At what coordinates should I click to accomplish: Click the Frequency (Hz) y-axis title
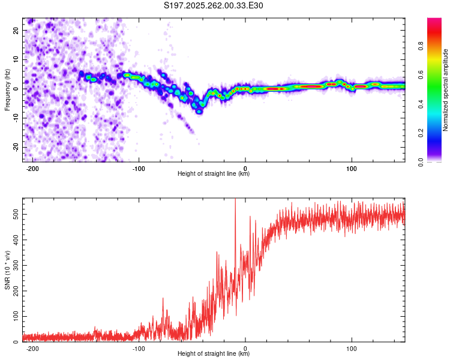[x=7, y=90]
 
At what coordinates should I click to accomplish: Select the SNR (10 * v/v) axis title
[x=7, y=270]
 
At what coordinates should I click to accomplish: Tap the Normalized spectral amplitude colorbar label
[x=445, y=90]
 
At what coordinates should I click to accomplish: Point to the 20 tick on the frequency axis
[x=16, y=30]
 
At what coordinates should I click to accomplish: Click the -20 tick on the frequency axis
[x=15, y=148]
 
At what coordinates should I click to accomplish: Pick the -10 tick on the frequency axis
[x=15, y=118]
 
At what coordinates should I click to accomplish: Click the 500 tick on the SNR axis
[x=14, y=214]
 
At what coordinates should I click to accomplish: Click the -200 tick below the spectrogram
[x=32, y=169]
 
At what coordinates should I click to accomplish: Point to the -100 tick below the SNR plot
[x=139, y=349]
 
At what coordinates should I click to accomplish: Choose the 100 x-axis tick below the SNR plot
[x=352, y=349]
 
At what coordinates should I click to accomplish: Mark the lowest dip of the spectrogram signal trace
[x=200, y=111]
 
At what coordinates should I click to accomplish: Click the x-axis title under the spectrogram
[x=214, y=174]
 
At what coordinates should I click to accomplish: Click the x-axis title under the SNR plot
[x=214, y=354]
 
